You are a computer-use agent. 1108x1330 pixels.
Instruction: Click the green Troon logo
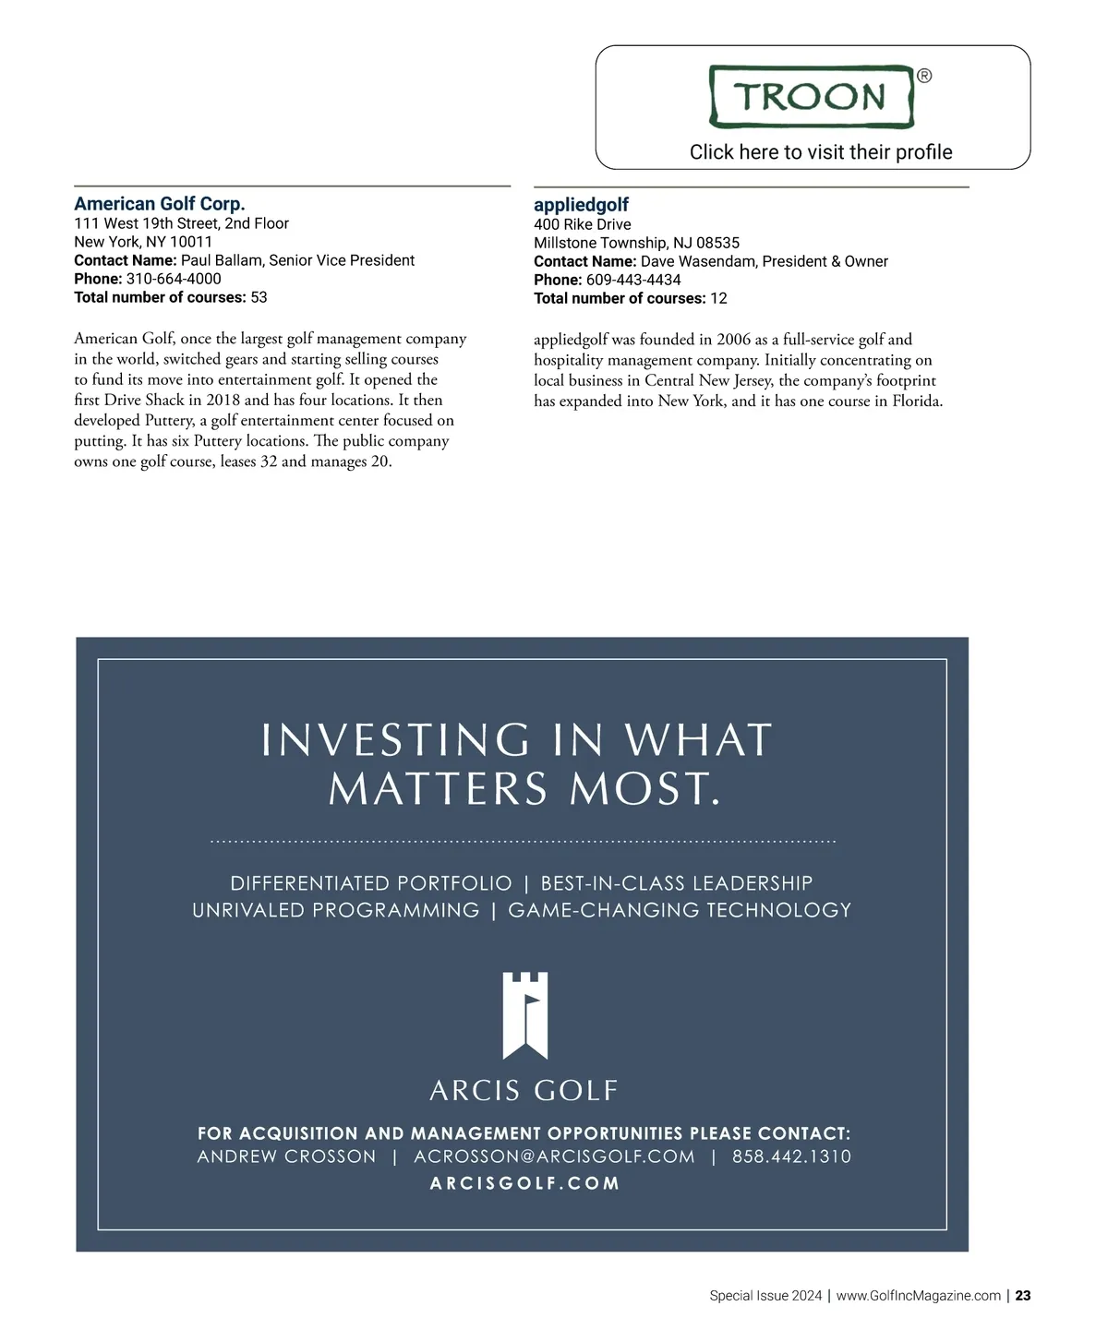pyautogui.click(x=812, y=96)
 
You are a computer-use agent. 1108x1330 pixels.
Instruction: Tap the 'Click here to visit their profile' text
pyautogui.click(x=821, y=152)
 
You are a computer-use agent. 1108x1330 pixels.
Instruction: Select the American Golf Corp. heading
pyautogui.click(x=160, y=204)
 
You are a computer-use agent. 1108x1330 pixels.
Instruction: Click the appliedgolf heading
pyautogui.click(x=581, y=205)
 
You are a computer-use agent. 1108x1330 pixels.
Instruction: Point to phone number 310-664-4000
pyautogui.click(x=174, y=279)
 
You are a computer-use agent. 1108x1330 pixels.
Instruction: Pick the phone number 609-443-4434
pyautogui.click(x=633, y=280)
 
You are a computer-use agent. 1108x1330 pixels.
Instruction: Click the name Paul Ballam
pyautogui.click(x=221, y=260)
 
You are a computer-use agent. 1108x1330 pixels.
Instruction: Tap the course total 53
pyautogui.click(x=259, y=297)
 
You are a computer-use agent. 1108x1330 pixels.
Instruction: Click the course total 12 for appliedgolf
pyautogui.click(x=718, y=298)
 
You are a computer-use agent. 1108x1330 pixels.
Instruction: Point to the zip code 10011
pyautogui.click(x=191, y=242)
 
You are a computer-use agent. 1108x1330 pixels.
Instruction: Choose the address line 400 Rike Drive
pyautogui.click(x=583, y=224)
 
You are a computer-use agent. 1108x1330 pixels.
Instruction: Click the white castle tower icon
pyautogui.click(x=524, y=1014)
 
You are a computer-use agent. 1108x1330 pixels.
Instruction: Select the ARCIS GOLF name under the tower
pyautogui.click(x=524, y=1091)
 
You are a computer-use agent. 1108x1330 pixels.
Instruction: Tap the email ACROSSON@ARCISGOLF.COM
pyautogui.click(x=554, y=1156)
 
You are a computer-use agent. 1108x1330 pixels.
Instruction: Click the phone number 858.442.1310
pyautogui.click(x=791, y=1156)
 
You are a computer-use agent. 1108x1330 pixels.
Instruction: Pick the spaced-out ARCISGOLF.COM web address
pyautogui.click(x=524, y=1183)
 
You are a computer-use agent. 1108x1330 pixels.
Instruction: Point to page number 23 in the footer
pyautogui.click(x=1023, y=1296)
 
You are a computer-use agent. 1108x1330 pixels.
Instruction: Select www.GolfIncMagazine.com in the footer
pyautogui.click(x=918, y=1296)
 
